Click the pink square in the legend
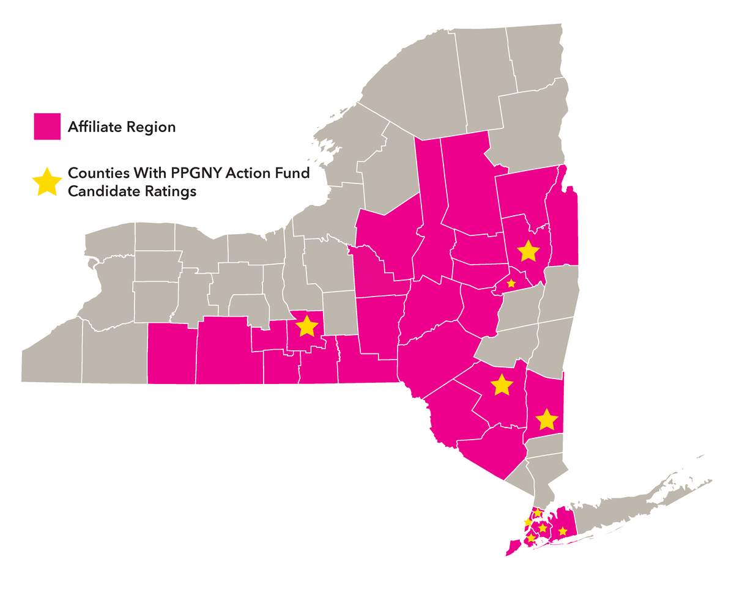(x=47, y=127)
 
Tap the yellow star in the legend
(x=47, y=182)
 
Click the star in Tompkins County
(x=306, y=327)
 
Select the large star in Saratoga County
(x=528, y=251)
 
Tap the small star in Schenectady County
(x=511, y=283)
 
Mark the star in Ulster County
(x=501, y=385)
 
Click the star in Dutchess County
(x=546, y=419)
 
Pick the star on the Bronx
(x=538, y=512)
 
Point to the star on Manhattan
(x=528, y=522)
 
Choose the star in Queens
(x=543, y=528)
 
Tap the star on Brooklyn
(x=532, y=537)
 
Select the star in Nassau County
(x=563, y=531)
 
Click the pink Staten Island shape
(x=511, y=547)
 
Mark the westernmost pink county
(x=172, y=355)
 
